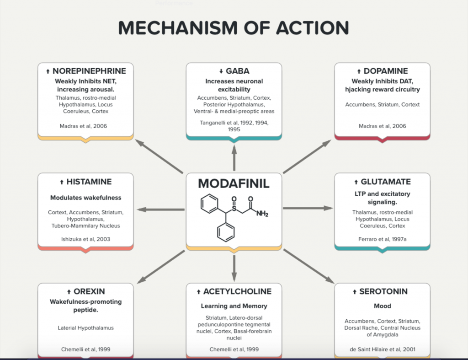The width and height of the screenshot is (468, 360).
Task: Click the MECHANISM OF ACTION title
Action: (x=234, y=28)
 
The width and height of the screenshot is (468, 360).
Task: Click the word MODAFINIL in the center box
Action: (x=234, y=183)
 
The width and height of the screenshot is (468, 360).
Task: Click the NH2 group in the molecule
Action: (x=262, y=214)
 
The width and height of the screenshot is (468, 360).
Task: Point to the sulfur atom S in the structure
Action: (x=234, y=208)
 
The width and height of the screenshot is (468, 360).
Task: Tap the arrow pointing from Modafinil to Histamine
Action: (x=161, y=210)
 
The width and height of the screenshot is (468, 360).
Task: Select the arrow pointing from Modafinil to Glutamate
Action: (x=308, y=208)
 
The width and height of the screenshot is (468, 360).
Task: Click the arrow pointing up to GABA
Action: (x=234, y=158)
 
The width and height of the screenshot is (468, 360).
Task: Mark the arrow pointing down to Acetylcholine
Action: (x=234, y=268)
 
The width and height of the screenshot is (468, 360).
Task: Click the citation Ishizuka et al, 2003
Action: (x=85, y=239)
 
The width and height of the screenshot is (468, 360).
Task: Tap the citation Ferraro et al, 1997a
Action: (x=383, y=239)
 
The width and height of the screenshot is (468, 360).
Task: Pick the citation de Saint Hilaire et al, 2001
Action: (x=383, y=349)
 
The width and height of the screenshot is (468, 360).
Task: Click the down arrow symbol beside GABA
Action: (x=221, y=71)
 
